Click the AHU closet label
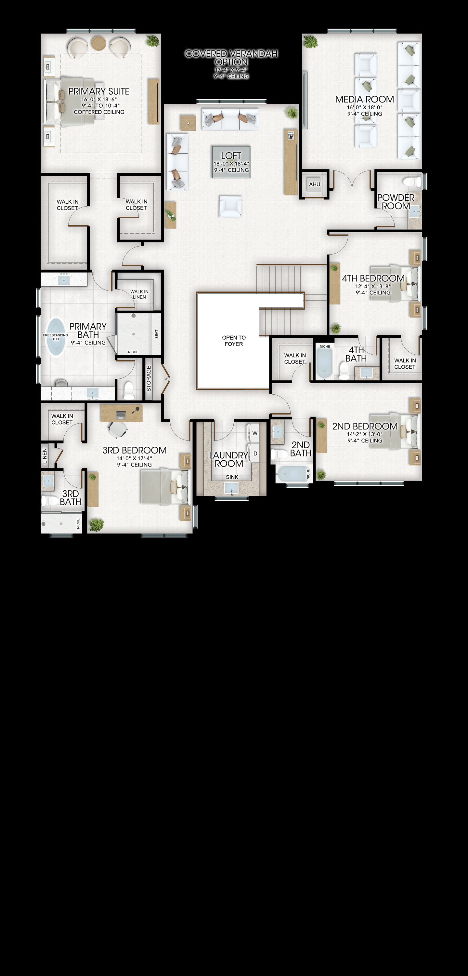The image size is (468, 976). click(x=315, y=184)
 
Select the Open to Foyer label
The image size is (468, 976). click(x=234, y=341)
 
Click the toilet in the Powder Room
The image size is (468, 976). click(x=412, y=182)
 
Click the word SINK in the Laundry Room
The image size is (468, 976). click(x=232, y=477)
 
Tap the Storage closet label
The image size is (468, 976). click(x=149, y=378)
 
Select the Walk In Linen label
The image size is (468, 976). click(x=139, y=294)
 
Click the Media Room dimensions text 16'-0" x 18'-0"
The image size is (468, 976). click(x=365, y=107)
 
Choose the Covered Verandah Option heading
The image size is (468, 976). click(x=231, y=58)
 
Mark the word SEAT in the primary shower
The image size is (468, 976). click(x=156, y=334)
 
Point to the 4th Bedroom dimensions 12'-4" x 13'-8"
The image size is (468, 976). click(x=373, y=286)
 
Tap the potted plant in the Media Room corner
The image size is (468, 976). click(x=310, y=41)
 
